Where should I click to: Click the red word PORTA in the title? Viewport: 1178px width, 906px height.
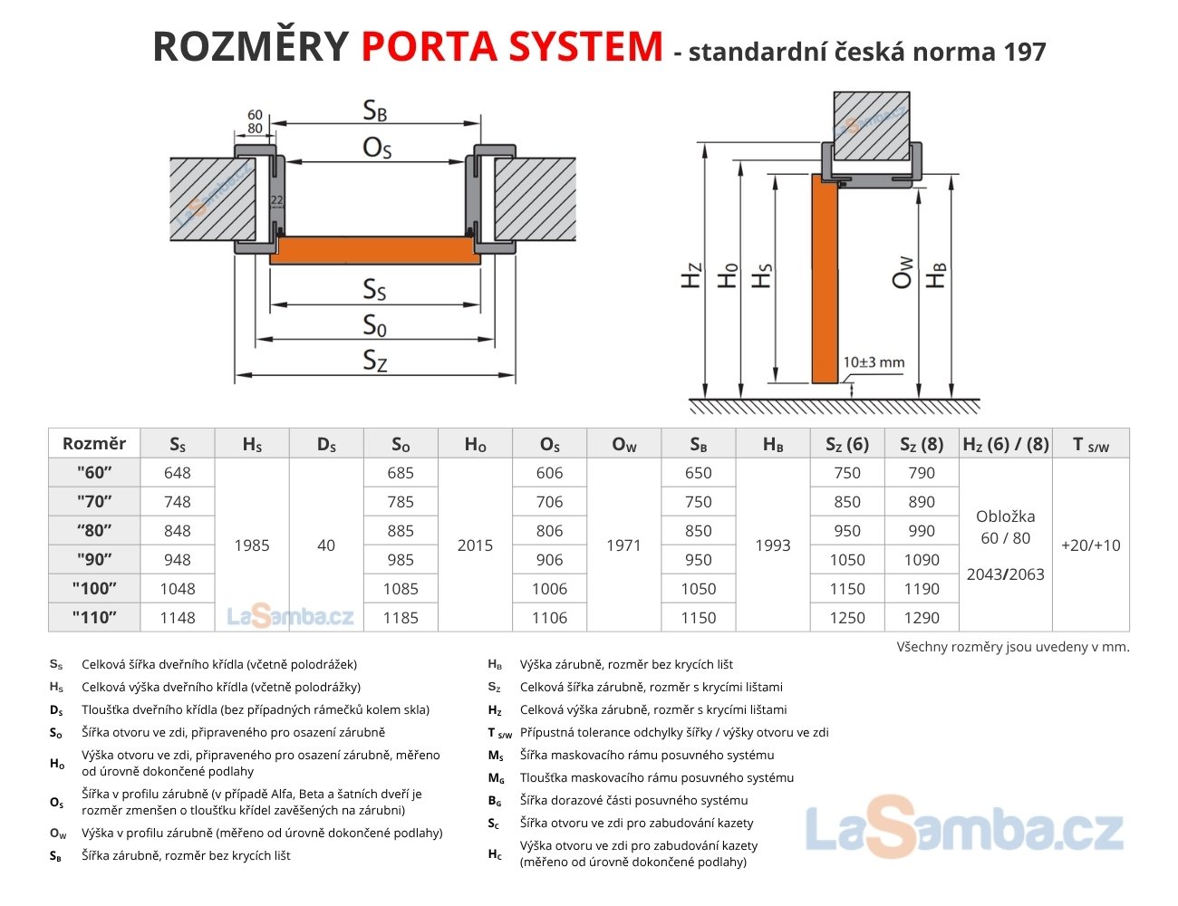click(x=430, y=46)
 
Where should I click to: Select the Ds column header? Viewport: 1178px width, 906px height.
click(x=326, y=444)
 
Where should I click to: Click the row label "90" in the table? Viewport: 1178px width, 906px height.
click(x=94, y=559)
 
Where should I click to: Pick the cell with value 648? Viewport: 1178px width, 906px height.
click(x=178, y=473)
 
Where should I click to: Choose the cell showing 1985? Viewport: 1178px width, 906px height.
click(x=252, y=545)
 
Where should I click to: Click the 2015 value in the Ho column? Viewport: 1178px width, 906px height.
click(x=475, y=545)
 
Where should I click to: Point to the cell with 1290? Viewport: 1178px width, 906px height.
click(x=922, y=617)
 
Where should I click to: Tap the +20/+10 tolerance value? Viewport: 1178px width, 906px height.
click(x=1091, y=545)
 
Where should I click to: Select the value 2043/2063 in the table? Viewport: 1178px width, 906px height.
click(x=1006, y=573)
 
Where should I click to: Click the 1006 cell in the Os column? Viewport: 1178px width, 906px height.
click(x=549, y=589)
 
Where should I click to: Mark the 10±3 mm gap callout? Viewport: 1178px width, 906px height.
click(x=874, y=362)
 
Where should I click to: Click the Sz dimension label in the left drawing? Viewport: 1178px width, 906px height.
click(x=375, y=360)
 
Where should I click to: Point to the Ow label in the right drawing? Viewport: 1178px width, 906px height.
click(x=903, y=273)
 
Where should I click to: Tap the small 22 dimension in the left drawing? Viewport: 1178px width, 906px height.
click(x=276, y=200)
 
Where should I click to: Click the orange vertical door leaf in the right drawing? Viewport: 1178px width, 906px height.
click(x=825, y=278)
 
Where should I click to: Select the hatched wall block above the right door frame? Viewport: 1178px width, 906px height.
click(x=872, y=126)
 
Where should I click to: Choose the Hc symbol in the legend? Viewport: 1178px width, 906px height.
click(x=495, y=854)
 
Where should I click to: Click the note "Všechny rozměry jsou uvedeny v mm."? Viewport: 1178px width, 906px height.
click(x=1013, y=647)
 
